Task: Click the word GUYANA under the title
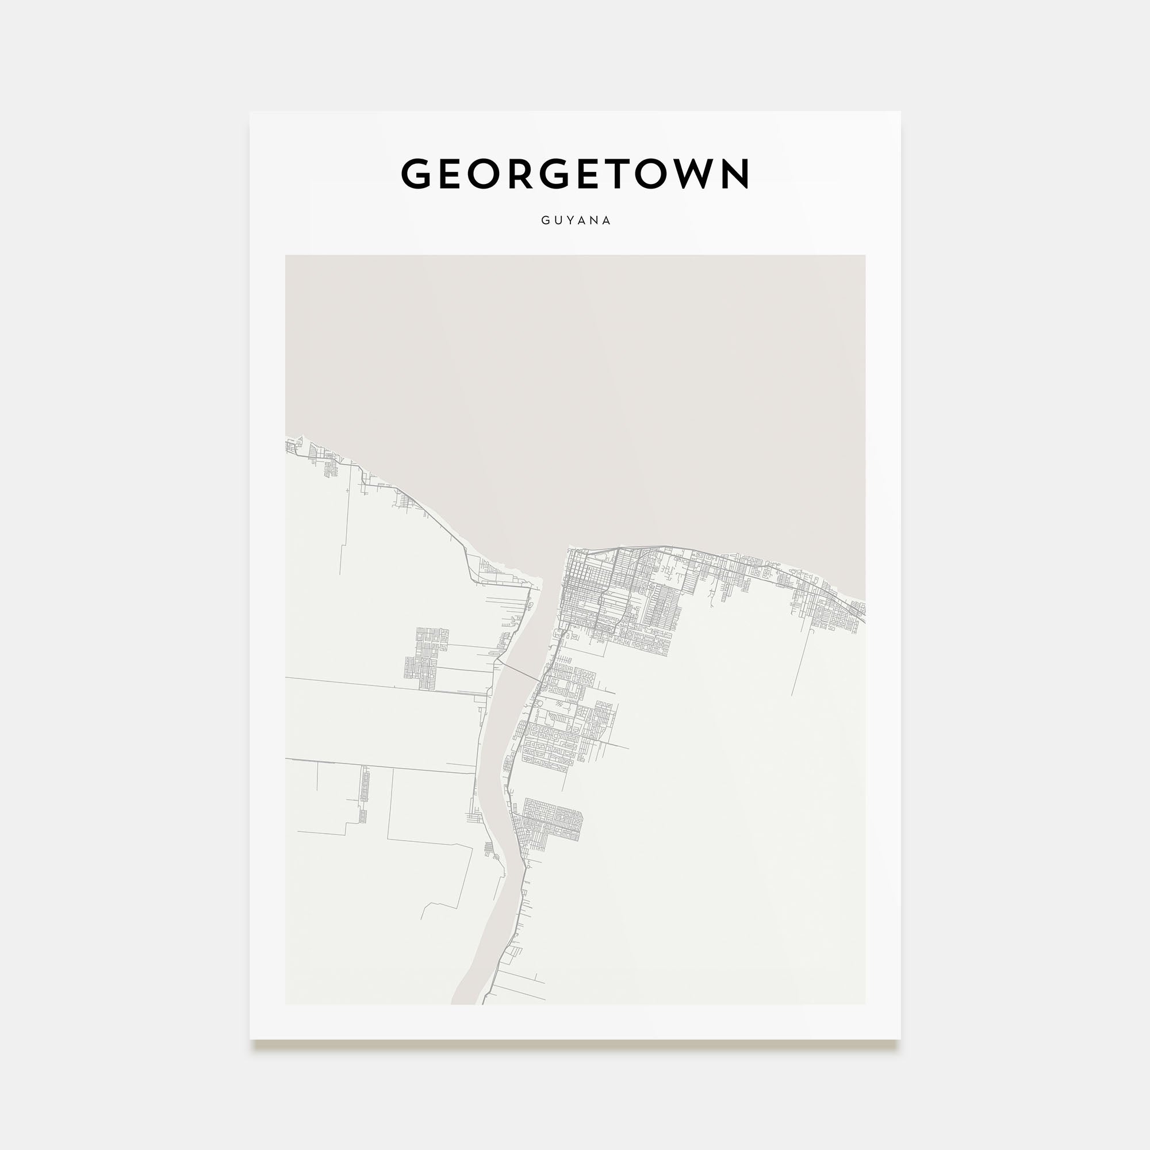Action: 576,220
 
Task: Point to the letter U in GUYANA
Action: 558,220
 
